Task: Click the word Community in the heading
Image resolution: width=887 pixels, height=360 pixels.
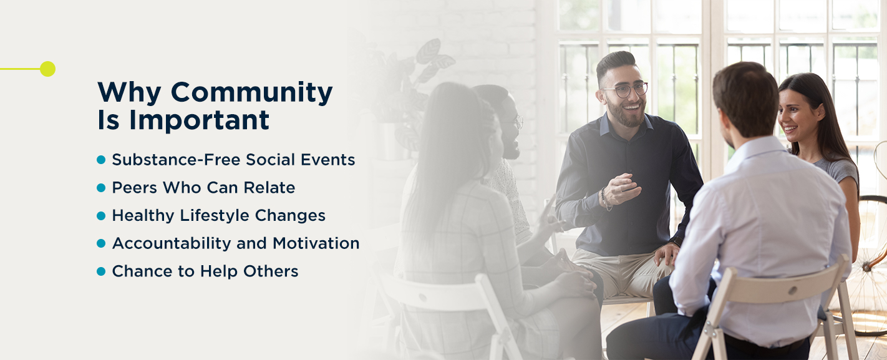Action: coord(251,92)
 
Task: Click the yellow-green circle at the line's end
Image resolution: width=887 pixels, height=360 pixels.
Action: coord(47,69)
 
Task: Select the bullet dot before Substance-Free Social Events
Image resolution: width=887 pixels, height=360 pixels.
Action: coord(101,160)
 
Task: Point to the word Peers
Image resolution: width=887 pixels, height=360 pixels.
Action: coord(134,187)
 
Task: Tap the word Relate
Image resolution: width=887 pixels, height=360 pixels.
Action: coord(269,187)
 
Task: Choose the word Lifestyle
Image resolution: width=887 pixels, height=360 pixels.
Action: coord(217,215)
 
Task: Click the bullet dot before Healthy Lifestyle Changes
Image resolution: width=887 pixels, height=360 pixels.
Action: coord(101,215)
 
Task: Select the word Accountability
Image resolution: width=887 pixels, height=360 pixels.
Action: coord(171,243)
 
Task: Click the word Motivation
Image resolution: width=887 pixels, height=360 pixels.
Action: coord(316,243)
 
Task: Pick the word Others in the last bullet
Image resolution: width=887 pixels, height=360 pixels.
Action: coord(271,271)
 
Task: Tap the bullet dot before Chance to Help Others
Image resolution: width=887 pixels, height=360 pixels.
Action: coord(101,271)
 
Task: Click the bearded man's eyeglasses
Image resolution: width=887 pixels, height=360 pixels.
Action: coord(628,90)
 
